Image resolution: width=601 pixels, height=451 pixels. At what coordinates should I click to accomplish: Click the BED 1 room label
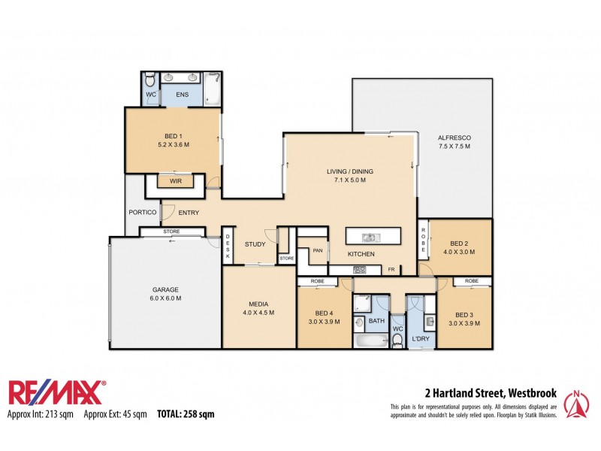click(173, 139)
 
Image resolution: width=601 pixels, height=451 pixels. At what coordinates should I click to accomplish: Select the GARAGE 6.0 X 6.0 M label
click(165, 293)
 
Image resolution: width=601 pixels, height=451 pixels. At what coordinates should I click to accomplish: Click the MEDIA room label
click(258, 308)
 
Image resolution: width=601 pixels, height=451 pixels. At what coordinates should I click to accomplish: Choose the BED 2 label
click(458, 248)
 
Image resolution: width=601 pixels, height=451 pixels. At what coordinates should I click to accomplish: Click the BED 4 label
click(325, 317)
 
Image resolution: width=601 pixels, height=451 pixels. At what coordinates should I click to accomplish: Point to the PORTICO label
click(142, 213)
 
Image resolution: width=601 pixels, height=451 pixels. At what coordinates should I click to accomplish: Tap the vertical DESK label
click(228, 247)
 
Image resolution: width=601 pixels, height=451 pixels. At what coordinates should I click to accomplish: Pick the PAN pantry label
click(318, 251)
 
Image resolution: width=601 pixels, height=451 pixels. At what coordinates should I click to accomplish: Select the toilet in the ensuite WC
click(149, 80)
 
